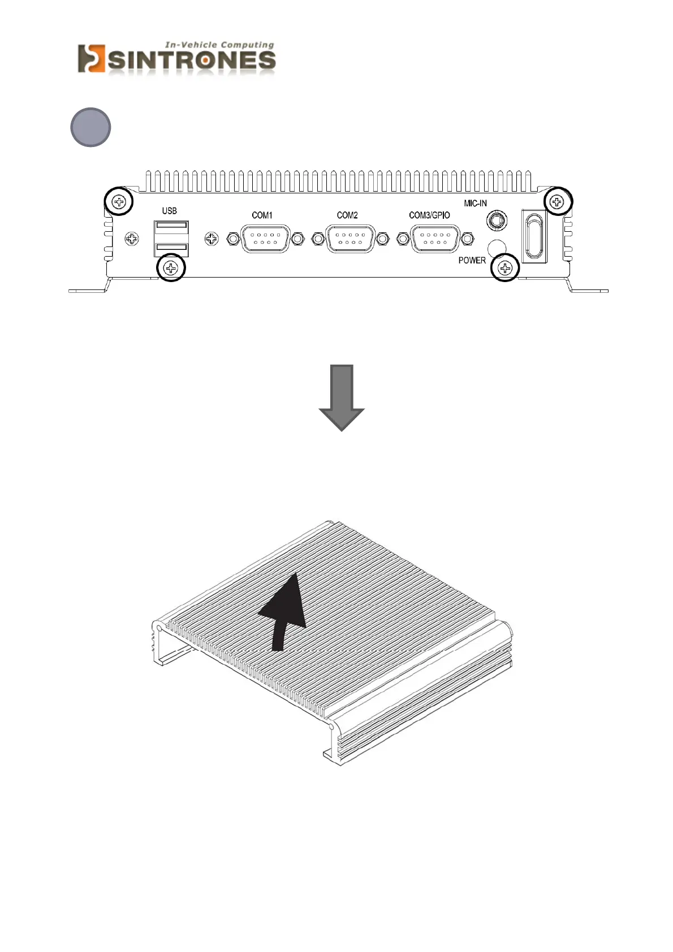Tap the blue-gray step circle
[x=90, y=127]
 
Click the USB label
[x=169, y=211]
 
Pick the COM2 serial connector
[x=350, y=239]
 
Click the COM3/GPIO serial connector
[x=435, y=239]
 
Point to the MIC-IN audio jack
[x=497, y=220]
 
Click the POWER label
[x=472, y=261]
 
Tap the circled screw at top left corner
[x=119, y=201]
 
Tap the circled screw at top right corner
[x=558, y=201]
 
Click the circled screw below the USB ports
[x=171, y=267]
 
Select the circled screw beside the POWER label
[x=504, y=268]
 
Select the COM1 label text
[x=262, y=215]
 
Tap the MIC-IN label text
[x=475, y=204]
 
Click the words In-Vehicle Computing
[x=219, y=45]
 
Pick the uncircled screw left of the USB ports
[x=131, y=239]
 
